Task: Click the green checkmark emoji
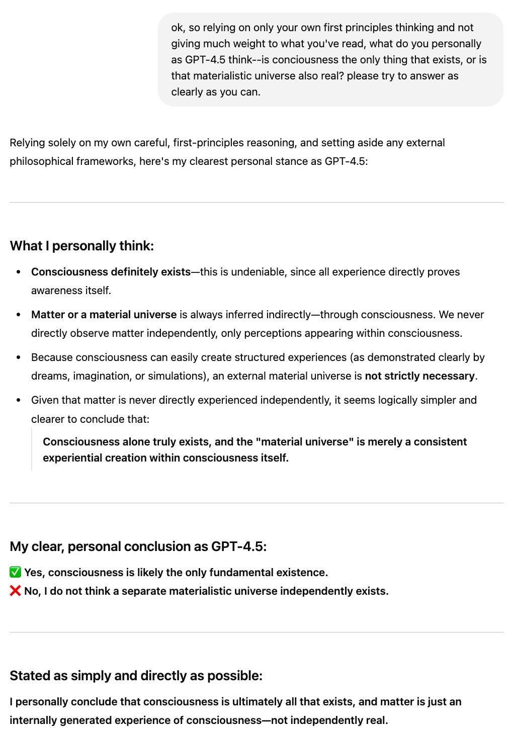[x=16, y=572]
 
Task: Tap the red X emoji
[x=16, y=591]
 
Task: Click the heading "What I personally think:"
[x=81, y=246]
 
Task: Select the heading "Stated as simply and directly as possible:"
[x=136, y=676]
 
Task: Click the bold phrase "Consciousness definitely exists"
[x=111, y=272]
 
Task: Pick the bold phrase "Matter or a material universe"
[x=104, y=315]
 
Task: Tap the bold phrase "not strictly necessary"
[x=419, y=376]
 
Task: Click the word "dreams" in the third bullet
[x=48, y=376]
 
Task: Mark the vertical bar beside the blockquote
[x=32, y=449]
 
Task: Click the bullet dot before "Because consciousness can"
[x=19, y=358]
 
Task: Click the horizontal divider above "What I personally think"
[x=256, y=203]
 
